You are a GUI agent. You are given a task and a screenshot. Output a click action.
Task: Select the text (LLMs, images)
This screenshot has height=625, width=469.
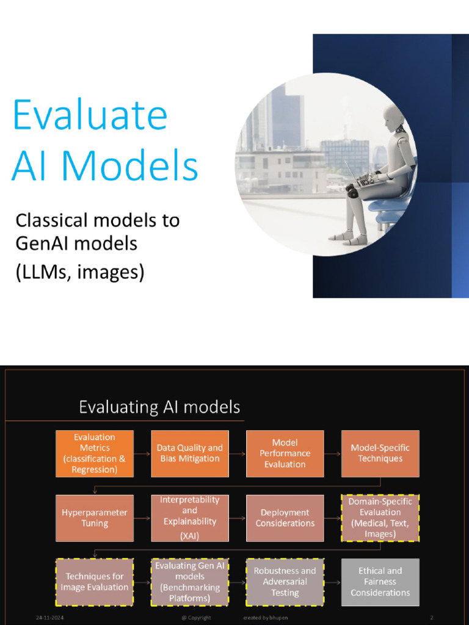point(80,272)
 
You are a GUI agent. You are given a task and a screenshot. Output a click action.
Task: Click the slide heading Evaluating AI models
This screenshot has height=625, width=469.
point(159,407)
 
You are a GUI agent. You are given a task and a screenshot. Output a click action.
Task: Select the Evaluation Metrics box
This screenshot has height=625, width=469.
point(95,453)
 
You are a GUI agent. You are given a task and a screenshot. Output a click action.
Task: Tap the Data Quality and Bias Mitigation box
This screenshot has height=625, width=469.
point(190,453)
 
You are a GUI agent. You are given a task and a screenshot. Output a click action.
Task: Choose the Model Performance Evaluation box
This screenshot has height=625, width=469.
point(285,453)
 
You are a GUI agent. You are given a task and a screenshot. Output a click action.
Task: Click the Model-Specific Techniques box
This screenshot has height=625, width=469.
point(380,453)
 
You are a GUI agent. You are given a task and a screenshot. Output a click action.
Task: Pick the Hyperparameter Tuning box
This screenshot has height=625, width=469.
point(95,518)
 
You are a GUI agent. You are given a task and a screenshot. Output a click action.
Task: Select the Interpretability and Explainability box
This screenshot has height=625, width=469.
point(190,518)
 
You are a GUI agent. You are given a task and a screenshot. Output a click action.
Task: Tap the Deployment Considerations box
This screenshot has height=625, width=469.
point(285,518)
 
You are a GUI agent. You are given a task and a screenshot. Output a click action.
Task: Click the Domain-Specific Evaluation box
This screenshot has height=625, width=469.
point(380,518)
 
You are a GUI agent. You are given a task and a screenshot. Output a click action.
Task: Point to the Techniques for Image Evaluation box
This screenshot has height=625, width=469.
point(95,582)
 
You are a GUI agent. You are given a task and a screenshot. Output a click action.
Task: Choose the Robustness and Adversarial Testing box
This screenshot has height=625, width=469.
point(285,582)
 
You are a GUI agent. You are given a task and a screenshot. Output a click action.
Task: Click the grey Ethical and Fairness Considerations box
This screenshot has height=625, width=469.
point(380,582)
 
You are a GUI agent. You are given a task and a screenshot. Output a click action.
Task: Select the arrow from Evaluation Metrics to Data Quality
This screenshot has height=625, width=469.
point(142,453)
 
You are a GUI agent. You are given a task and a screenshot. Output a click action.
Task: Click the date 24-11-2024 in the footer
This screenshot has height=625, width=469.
point(49,618)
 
